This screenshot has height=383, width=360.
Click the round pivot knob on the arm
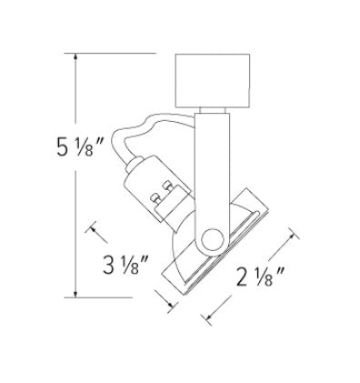tap(212, 238)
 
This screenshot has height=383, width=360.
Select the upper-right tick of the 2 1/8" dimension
tap(290, 236)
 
